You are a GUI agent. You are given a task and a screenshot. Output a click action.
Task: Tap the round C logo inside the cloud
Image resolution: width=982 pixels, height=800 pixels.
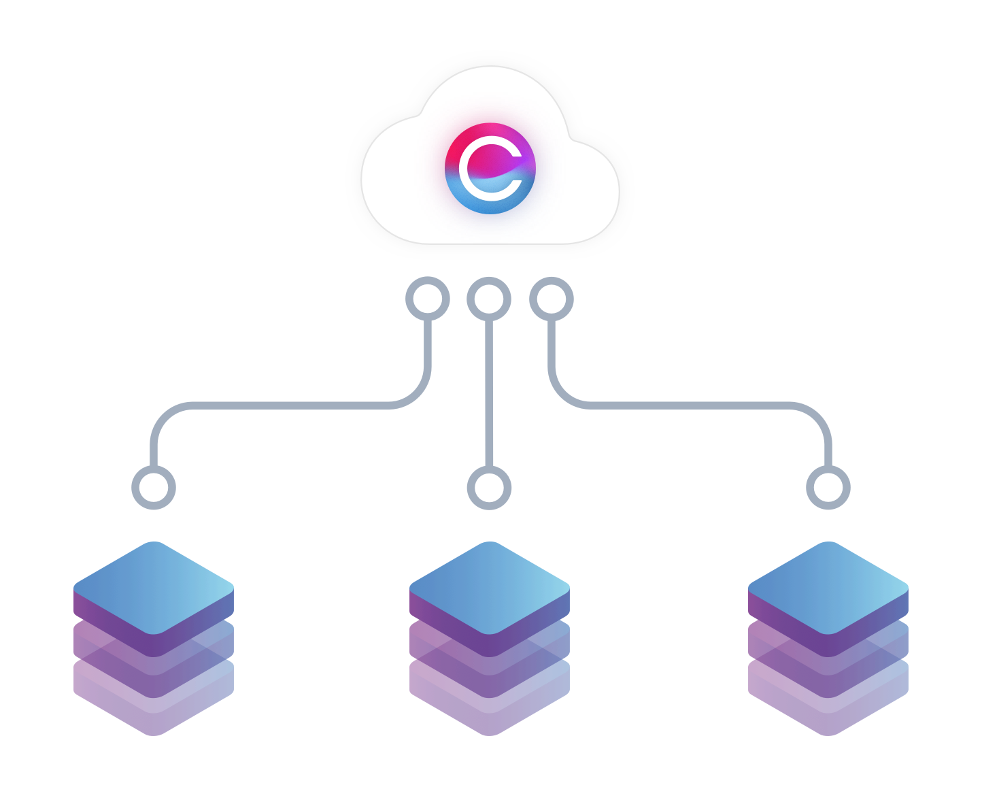click(x=490, y=169)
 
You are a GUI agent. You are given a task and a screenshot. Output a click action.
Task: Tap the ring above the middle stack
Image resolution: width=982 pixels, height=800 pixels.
click(x=489, y=488)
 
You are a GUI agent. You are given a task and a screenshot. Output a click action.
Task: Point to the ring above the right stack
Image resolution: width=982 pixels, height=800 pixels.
click(x=827, y=488)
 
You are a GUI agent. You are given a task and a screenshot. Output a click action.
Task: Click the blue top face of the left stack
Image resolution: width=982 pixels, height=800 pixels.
click(x=154, y=587)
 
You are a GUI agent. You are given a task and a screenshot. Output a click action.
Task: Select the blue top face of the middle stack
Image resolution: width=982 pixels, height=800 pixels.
click(x=489, y=587)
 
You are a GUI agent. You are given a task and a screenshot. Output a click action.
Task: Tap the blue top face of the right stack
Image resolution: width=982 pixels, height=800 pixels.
click(x=828, y=587)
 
